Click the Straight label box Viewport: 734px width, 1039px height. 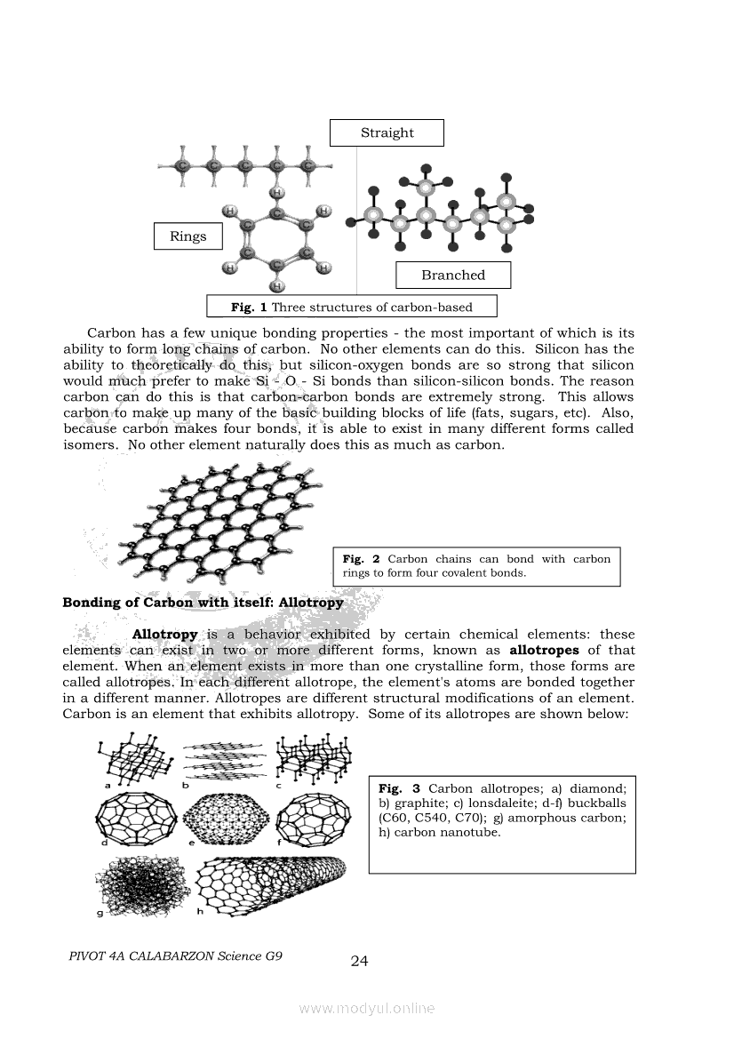[x=387, y=132]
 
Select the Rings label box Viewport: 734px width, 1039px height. [x=187, y=236]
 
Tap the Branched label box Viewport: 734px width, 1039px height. [x=453, y=275]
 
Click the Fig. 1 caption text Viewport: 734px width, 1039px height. [x=352, y=308]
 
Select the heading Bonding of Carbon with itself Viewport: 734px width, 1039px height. [x=203, y=603]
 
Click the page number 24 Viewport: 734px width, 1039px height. [x=360, y=961]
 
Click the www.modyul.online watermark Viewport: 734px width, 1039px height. [x=367, y=1008]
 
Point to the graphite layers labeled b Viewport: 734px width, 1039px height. [x=225, y=760]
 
